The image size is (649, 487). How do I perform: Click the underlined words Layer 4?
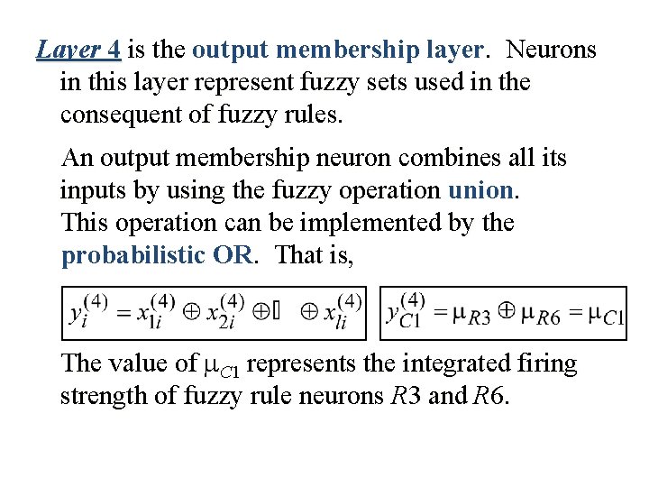(79, 50)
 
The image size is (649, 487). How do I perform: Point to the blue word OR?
(233, 255)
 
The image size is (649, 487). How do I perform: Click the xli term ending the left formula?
(346, 313)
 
